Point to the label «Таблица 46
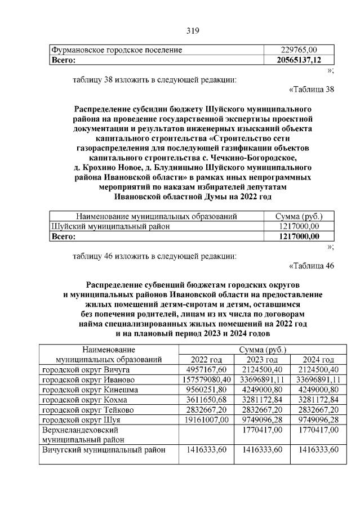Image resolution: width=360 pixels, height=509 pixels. tap(311, 266)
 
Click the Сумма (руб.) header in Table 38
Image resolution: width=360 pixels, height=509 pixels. tap(298, 216)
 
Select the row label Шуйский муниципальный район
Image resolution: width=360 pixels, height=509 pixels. tap(110, 226)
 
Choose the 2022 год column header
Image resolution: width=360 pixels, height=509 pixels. tap(206, 360)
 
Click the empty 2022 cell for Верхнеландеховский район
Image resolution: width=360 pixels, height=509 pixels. tap(206, 435)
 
